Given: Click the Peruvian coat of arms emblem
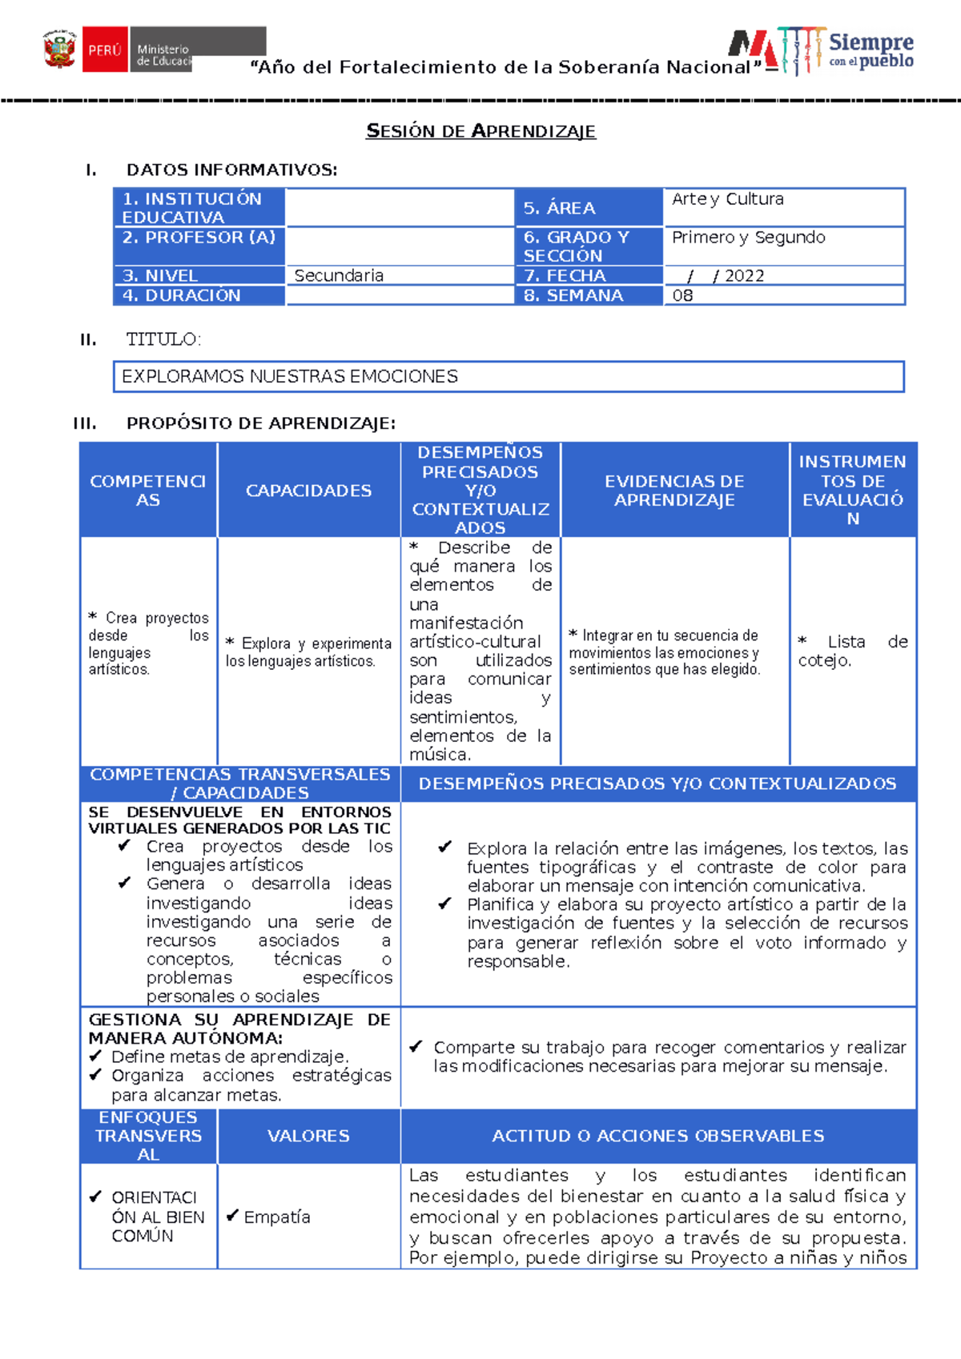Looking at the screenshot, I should tap(59, 50).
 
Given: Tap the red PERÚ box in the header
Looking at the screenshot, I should tap(105, 50).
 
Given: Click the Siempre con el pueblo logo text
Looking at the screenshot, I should tap(871, 50).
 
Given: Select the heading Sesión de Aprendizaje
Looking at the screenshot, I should tap(480, 131).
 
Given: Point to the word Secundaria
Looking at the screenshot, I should tap(339, 276).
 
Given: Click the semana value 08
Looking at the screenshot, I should tap(682, 295).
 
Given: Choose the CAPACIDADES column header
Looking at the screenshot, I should tap(308, 491).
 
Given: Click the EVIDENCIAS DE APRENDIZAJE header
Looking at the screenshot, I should tap(674, 491).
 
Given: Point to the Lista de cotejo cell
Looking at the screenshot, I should tap(852, 651).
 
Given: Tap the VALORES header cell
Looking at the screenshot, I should tap(308, 1136).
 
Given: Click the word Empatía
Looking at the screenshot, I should tap(276, 1217).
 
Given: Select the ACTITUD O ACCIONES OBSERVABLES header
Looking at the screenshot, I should tap(657, 1136).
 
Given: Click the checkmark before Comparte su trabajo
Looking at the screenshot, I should tap(416, 1046).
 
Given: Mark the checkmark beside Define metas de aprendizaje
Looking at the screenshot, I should tap(95, 1056).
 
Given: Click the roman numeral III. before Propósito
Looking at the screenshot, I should tap(85, 423).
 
